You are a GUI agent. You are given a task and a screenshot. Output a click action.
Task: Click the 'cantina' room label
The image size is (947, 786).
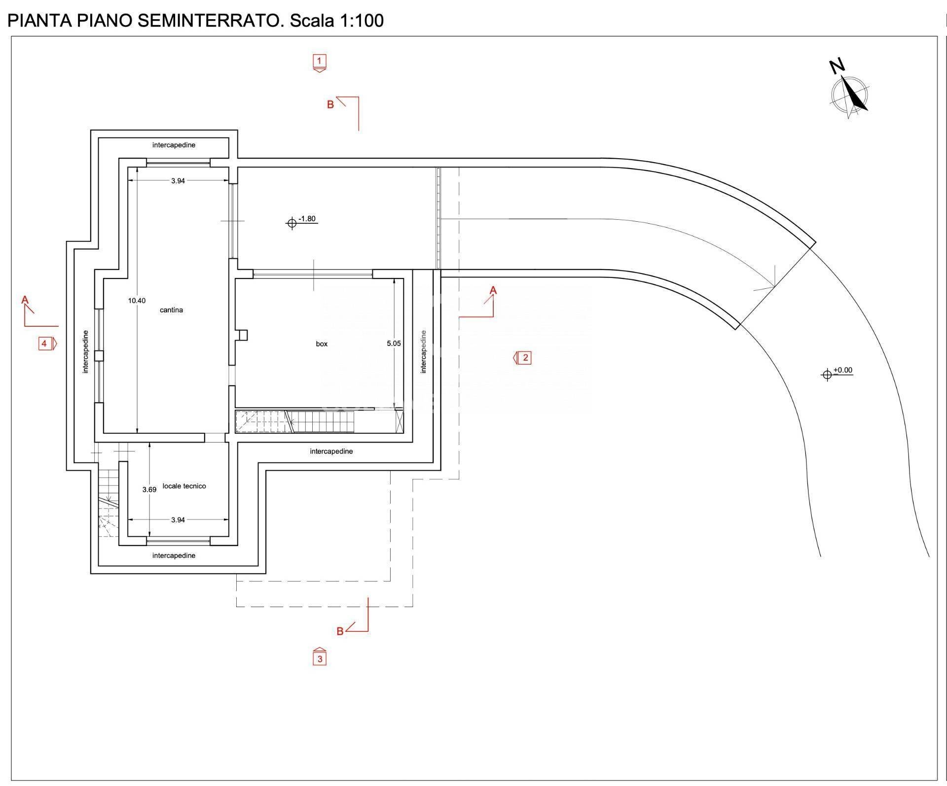pos(171,310)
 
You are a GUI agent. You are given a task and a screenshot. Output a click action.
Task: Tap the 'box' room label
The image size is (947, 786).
pos(322,344)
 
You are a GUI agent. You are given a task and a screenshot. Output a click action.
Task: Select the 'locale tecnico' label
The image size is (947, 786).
pos(184,486)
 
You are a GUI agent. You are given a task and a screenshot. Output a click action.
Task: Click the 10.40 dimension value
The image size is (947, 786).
pos(137,301)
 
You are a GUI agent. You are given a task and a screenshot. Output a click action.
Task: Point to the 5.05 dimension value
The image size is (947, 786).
pos(394,343)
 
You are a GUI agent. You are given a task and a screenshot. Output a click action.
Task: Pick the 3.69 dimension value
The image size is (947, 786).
pos(149,489)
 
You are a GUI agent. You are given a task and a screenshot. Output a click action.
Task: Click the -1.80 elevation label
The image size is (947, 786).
pos(307,219)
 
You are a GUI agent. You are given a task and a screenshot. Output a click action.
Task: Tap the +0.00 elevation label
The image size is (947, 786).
pos(843,370)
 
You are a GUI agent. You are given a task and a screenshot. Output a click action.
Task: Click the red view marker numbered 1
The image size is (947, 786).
pos(320,62)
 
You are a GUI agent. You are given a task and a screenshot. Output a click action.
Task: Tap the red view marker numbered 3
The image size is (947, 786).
pos(320,658)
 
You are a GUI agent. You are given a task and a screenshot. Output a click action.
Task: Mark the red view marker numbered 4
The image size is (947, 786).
pos(45,343)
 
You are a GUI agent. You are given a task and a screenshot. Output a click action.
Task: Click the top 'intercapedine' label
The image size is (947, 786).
pos(174,145)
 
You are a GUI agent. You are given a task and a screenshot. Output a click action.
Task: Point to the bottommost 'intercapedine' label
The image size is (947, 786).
pos(174,555)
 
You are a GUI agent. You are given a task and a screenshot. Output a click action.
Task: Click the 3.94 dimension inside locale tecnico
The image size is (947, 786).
pos(178,519)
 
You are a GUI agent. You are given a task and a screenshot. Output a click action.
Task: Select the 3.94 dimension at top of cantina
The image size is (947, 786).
pos(178,181)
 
